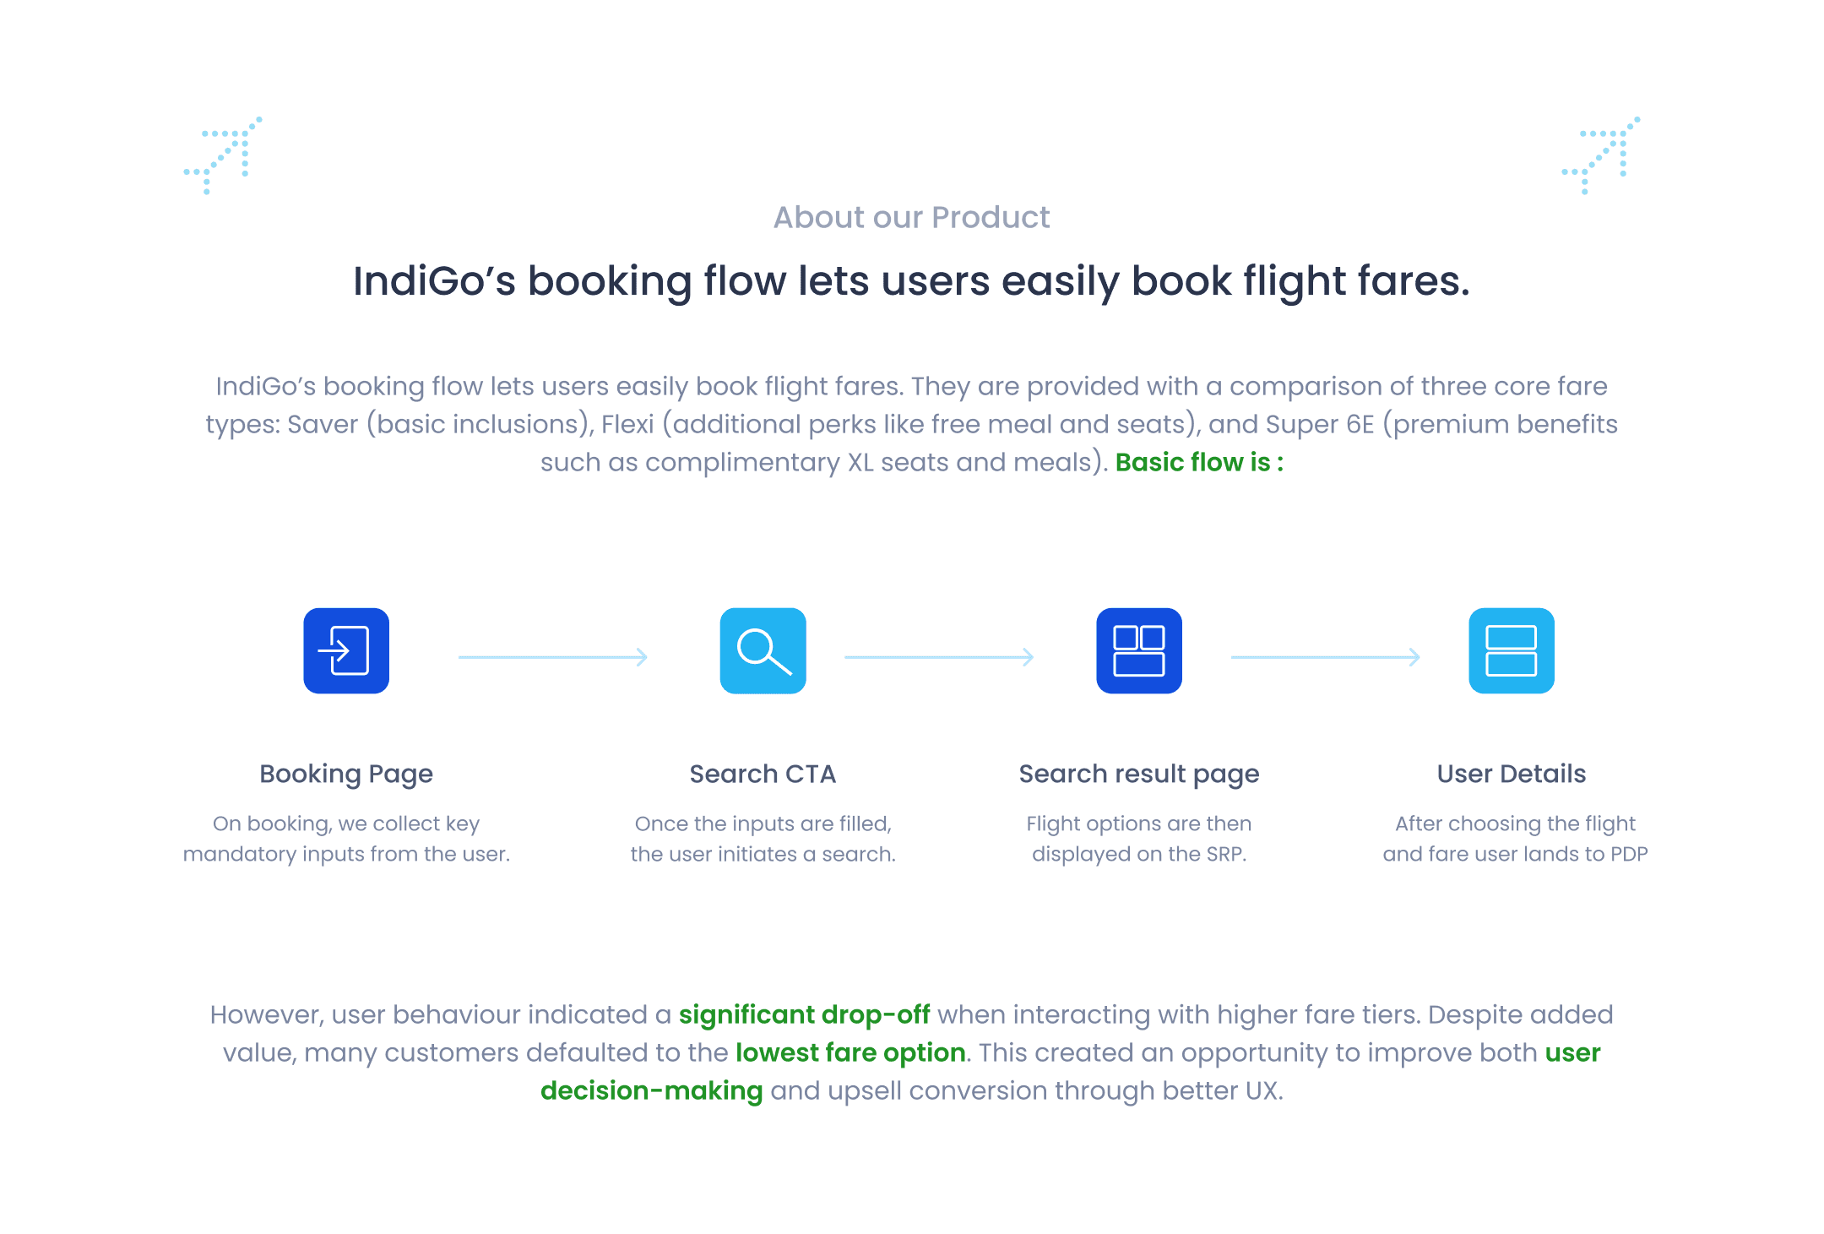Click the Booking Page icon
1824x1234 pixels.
[x=346, y=650]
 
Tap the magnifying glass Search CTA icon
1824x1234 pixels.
[x=763, y=650]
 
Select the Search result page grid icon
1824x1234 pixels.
[x=1138, y=650]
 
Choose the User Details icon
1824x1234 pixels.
[x=1511, y=650]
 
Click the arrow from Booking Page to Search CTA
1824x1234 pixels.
[x=553, y=656]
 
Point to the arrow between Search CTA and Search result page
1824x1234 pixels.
[x=939, y=656]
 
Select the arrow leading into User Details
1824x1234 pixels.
[x=1326, y=656]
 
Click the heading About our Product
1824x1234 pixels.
[x=911, y=218]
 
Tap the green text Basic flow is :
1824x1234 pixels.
[x=1199, y=462]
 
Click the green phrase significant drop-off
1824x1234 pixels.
[x=804, y=1014]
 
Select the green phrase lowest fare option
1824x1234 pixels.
[x=850, y=1052]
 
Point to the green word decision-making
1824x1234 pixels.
[x=651, y=1090]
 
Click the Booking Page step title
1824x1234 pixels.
[x=346, y=774]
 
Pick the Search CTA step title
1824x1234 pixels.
[x=763, y=774]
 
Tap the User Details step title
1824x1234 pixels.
[x=1511, y=774]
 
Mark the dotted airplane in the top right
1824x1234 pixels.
[x=1601, y=155]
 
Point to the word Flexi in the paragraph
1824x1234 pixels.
[x=627, y=424]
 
